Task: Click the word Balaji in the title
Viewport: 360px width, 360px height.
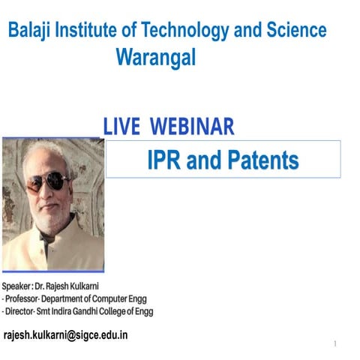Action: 31,31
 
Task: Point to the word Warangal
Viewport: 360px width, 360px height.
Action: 156,58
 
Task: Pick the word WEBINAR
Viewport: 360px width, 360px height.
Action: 193,126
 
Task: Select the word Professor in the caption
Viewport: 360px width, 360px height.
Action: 26,298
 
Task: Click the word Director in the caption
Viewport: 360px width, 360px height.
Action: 23,310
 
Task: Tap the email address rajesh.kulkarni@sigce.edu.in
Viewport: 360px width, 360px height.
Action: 66,334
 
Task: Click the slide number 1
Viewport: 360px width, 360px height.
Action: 335,344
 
